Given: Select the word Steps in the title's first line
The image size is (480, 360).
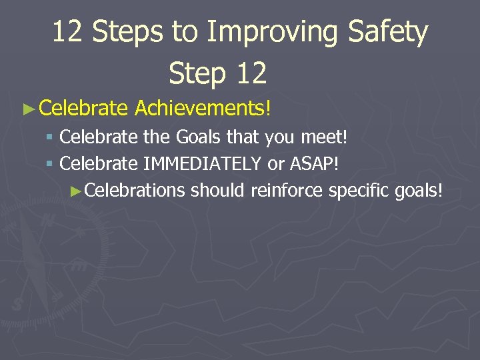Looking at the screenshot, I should (x=125, y=32).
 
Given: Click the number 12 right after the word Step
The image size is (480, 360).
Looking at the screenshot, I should (x=250, y=73).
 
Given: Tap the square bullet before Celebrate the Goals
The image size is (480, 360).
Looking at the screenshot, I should (x=51, y=138).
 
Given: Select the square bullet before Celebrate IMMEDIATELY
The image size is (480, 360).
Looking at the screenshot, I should (x=51, y=164).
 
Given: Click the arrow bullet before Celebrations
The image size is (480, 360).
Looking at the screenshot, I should (x=77, y=191).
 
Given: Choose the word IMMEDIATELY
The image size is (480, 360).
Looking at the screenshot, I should (x=203, y=163).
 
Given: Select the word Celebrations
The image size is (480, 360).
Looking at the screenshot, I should (x=135, y=190).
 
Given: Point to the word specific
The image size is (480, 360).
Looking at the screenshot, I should (x=359, y=190).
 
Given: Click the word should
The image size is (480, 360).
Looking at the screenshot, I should (x=218, y=190).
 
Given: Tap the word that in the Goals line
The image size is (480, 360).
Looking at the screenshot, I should (x=243, y=137).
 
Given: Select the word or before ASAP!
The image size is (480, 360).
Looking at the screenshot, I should (x=275, y=164).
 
